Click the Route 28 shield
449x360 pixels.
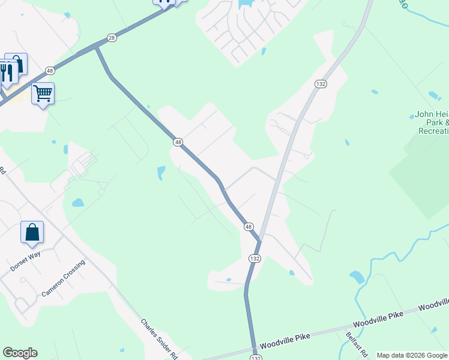(x=112, y=38)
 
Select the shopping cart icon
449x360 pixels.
(x=43, y=94)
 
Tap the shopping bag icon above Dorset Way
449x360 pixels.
(x=32, y=232)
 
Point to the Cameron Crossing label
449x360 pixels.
(x=64, y=278)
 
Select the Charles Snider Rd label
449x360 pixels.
(x=160, y=338)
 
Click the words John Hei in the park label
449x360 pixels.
(x=432, y=115)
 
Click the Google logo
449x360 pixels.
(x=20, y=353)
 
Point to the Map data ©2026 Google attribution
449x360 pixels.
(x=412, y=355)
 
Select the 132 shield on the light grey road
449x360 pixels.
(x=321, y=84)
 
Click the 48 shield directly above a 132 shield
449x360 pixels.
(x=249, y=226)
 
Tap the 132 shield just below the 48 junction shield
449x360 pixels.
(x=255, y=258)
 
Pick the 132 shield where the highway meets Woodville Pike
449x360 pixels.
(x=256, y=357)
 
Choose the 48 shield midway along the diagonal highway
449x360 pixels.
(x=178, y=142)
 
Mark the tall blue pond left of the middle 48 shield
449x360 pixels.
(x=161, y=173)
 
